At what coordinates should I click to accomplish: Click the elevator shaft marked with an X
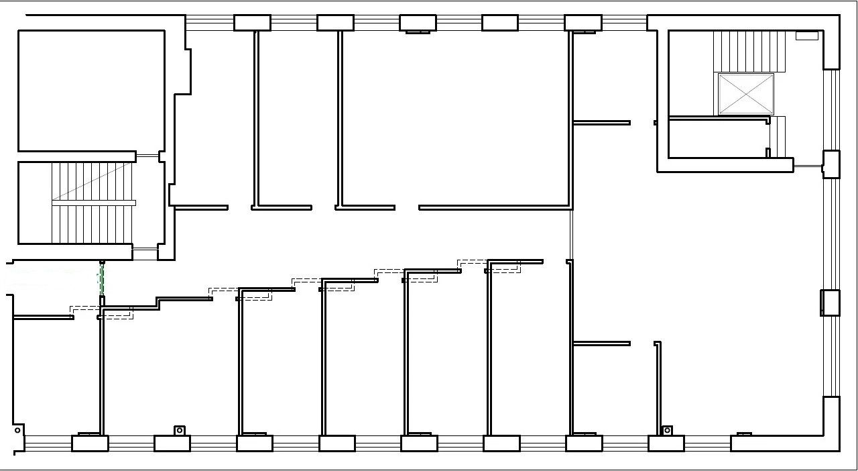point(745,94)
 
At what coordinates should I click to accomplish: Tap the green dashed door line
point(102,278)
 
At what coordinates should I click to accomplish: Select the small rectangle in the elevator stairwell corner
point(806,36)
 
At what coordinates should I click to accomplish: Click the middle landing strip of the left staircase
point(94,203)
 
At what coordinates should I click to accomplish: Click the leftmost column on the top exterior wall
point(252,23)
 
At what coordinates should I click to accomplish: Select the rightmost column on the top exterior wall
point(583,23)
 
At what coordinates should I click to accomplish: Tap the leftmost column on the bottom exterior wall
point(90,443)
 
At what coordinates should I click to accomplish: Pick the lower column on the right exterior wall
point(830,303)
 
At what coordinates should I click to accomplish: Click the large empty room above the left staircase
point(91,91)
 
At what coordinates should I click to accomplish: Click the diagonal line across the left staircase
point(94,181)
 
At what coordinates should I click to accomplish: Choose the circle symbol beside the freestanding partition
point(667,430)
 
